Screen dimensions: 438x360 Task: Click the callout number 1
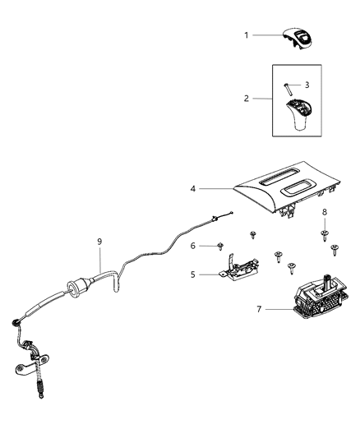pyautogui.click(x=246, y=35)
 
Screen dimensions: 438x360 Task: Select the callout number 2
pyautogui.click(x=246, y=99)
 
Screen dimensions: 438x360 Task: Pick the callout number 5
pyautogui.click(x=192, y=275)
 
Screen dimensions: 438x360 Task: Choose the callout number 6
pyautogui.click(x=192, y=246)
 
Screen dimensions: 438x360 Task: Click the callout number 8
pyautogui.click(x=324, y=213)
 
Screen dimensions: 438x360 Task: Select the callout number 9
pyautogui.click(x=99, y=242)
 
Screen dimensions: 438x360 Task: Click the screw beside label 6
pyautogui.click(x=222, y=245)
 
